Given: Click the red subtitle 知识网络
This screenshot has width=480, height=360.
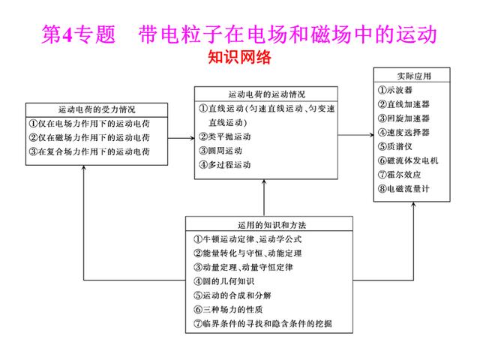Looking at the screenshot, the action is (x=240, y=57).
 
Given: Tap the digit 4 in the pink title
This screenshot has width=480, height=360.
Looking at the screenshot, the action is (x=67, y=34).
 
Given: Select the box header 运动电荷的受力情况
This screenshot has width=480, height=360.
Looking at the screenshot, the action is (x=97, y=109).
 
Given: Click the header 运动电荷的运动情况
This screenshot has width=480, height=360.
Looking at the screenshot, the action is (x=267, y=94).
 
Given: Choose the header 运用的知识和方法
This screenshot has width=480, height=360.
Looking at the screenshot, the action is (x=271, y=225).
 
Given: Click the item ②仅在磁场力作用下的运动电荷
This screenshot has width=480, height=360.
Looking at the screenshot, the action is (x=89, y=137).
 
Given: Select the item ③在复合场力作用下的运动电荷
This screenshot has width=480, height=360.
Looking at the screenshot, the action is (x=89, y=151).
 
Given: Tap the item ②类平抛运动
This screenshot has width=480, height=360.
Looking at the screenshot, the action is (x=225, y=136).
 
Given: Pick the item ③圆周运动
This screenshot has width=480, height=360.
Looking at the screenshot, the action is (x=220, y=151).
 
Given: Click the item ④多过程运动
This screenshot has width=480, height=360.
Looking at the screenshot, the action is (x=225, y=165).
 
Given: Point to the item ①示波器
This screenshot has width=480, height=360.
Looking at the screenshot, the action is (x=395, y=90).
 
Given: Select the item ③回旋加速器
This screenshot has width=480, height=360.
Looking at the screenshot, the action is (x=403, y=118).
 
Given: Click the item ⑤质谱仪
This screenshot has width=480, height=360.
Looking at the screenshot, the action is (x=395, y=146).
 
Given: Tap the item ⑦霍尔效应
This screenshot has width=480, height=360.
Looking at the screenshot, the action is (x=399, y=175).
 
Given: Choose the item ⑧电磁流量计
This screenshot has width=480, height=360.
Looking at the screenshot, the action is (x=403, y=188).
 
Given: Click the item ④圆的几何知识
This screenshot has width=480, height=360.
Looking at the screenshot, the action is (x=223, y=281).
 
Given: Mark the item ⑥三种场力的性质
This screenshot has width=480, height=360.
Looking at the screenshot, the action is (x=228, y=310).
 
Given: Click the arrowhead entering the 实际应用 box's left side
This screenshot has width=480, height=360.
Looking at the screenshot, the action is (x=371, y=135).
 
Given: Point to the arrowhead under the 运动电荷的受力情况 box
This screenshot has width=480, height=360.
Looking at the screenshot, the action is (x=84, y=167).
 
